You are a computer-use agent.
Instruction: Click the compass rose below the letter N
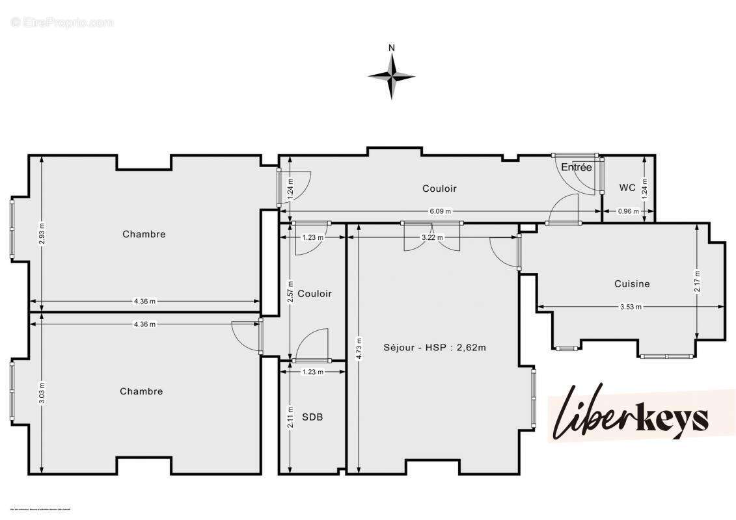[x=391, y=76]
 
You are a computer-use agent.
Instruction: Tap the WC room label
[x=627, y=188]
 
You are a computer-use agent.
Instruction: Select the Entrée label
[x=577, y=168]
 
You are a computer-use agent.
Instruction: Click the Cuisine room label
[x=632, y=284]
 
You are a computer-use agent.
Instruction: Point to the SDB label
[x=313, y=417]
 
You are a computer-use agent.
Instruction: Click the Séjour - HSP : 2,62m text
[x=435, y=348]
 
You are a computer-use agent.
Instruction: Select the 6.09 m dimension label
[x=440, y=211]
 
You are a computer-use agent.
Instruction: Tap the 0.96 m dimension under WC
[x=628, y=211]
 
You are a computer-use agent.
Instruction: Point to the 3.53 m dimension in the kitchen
[x=630, y=307]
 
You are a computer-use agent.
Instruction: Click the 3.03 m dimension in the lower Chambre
[x=42, y=393]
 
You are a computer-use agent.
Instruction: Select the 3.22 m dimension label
[x=432, y=238]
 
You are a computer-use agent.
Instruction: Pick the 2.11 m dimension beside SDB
[x=290, y=416]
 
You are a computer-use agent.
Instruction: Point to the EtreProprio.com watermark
[x=62, y=23]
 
